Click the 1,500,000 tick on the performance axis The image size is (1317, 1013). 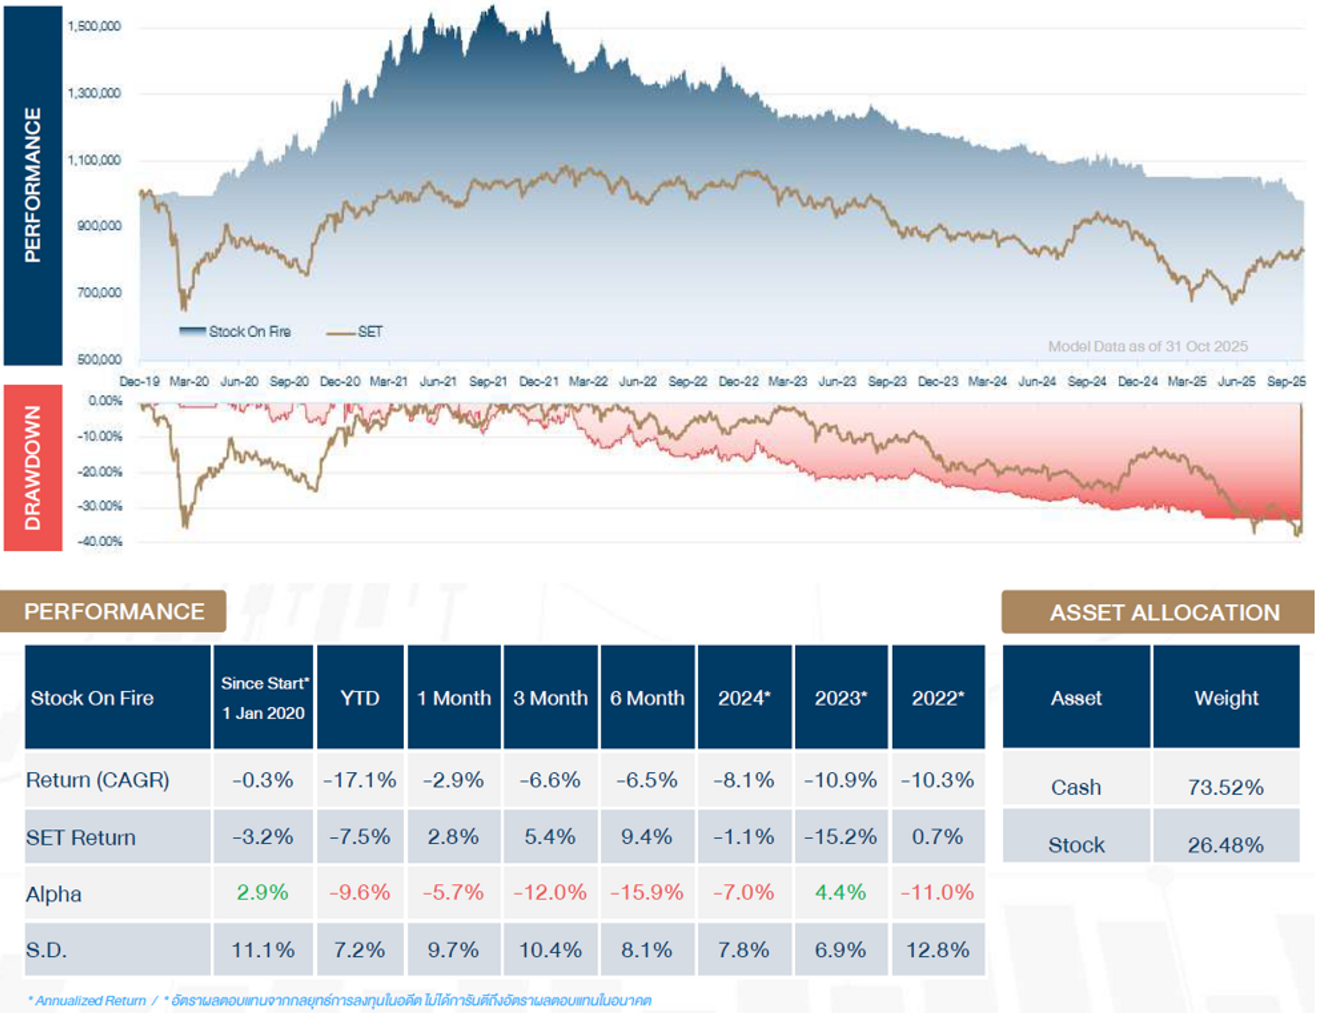coord(94,26)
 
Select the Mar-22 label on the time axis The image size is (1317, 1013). coord(588,382)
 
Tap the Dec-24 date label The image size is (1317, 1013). coord(1137,382)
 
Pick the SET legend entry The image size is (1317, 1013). coord(356,332)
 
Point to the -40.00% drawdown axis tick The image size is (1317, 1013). coord(99,541)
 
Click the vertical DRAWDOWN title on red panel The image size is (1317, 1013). coord(32,468)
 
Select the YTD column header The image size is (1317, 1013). coord(360,698)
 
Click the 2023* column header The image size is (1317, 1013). coord(841,698)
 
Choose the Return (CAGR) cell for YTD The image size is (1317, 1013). coord(360,780)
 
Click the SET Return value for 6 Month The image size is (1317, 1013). coord(646,837)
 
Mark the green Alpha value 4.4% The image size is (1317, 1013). coord(841,892)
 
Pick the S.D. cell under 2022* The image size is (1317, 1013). coord(938,950)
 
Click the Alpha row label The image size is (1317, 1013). coord(54,894)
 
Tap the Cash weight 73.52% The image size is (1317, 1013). coord(1225,788)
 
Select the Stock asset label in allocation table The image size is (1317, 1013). coord(1076,845)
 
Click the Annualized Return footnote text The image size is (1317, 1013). coord(91,1001)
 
